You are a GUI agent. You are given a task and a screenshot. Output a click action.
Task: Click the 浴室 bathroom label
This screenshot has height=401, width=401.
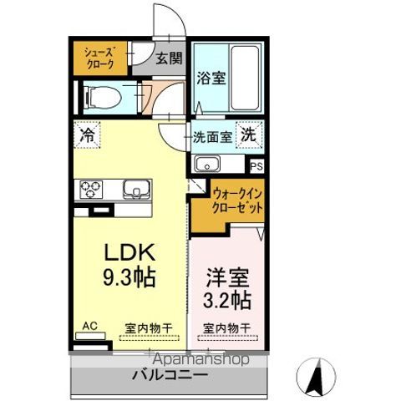(x=210, y=79)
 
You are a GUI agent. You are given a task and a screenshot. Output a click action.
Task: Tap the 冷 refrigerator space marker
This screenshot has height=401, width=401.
(x=87, y=133)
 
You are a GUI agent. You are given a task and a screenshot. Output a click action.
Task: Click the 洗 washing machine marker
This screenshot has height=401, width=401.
(x=249, y=135)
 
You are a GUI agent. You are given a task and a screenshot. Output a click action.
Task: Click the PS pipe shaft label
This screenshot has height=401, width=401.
(x=256, y=165)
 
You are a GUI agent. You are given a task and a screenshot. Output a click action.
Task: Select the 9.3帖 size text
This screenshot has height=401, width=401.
(x=129, y=277)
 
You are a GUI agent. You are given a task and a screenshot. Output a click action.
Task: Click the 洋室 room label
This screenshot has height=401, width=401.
(x=225, y=275)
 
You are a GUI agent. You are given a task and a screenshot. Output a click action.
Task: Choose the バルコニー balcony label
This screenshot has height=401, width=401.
(x=170, y=376)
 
